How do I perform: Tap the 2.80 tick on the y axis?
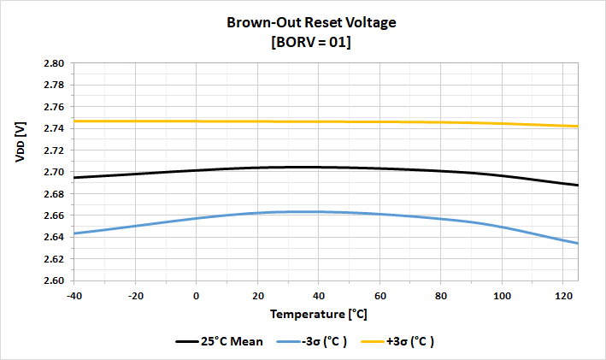coord(53,63)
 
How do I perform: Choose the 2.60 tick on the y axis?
coord(53,280)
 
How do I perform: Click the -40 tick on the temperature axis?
coord(74,294)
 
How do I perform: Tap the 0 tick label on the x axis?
coord(197,294)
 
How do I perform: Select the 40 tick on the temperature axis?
coord(318,294)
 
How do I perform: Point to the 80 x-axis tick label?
coord(440,294)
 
